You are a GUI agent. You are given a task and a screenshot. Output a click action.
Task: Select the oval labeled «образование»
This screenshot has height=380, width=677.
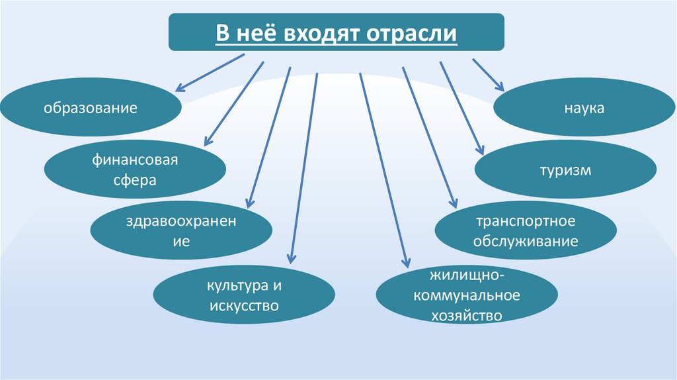(91, 107)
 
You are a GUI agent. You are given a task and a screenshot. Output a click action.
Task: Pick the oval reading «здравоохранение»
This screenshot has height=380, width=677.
(180, 229)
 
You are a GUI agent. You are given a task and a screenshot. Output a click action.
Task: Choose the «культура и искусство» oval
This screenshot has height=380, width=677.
(244, 295)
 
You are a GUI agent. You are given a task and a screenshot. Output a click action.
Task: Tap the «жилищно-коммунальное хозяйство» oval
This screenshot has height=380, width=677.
(466, 295)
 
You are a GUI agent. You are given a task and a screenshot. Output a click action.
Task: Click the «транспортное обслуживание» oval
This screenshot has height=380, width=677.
(526, 231)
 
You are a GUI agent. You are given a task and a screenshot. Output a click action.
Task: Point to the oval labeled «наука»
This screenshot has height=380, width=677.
(584, 107)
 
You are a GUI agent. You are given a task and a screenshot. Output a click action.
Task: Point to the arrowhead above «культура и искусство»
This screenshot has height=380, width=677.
(290, 263)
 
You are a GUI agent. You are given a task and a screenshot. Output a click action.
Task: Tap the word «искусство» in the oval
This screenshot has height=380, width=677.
(244, 306)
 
